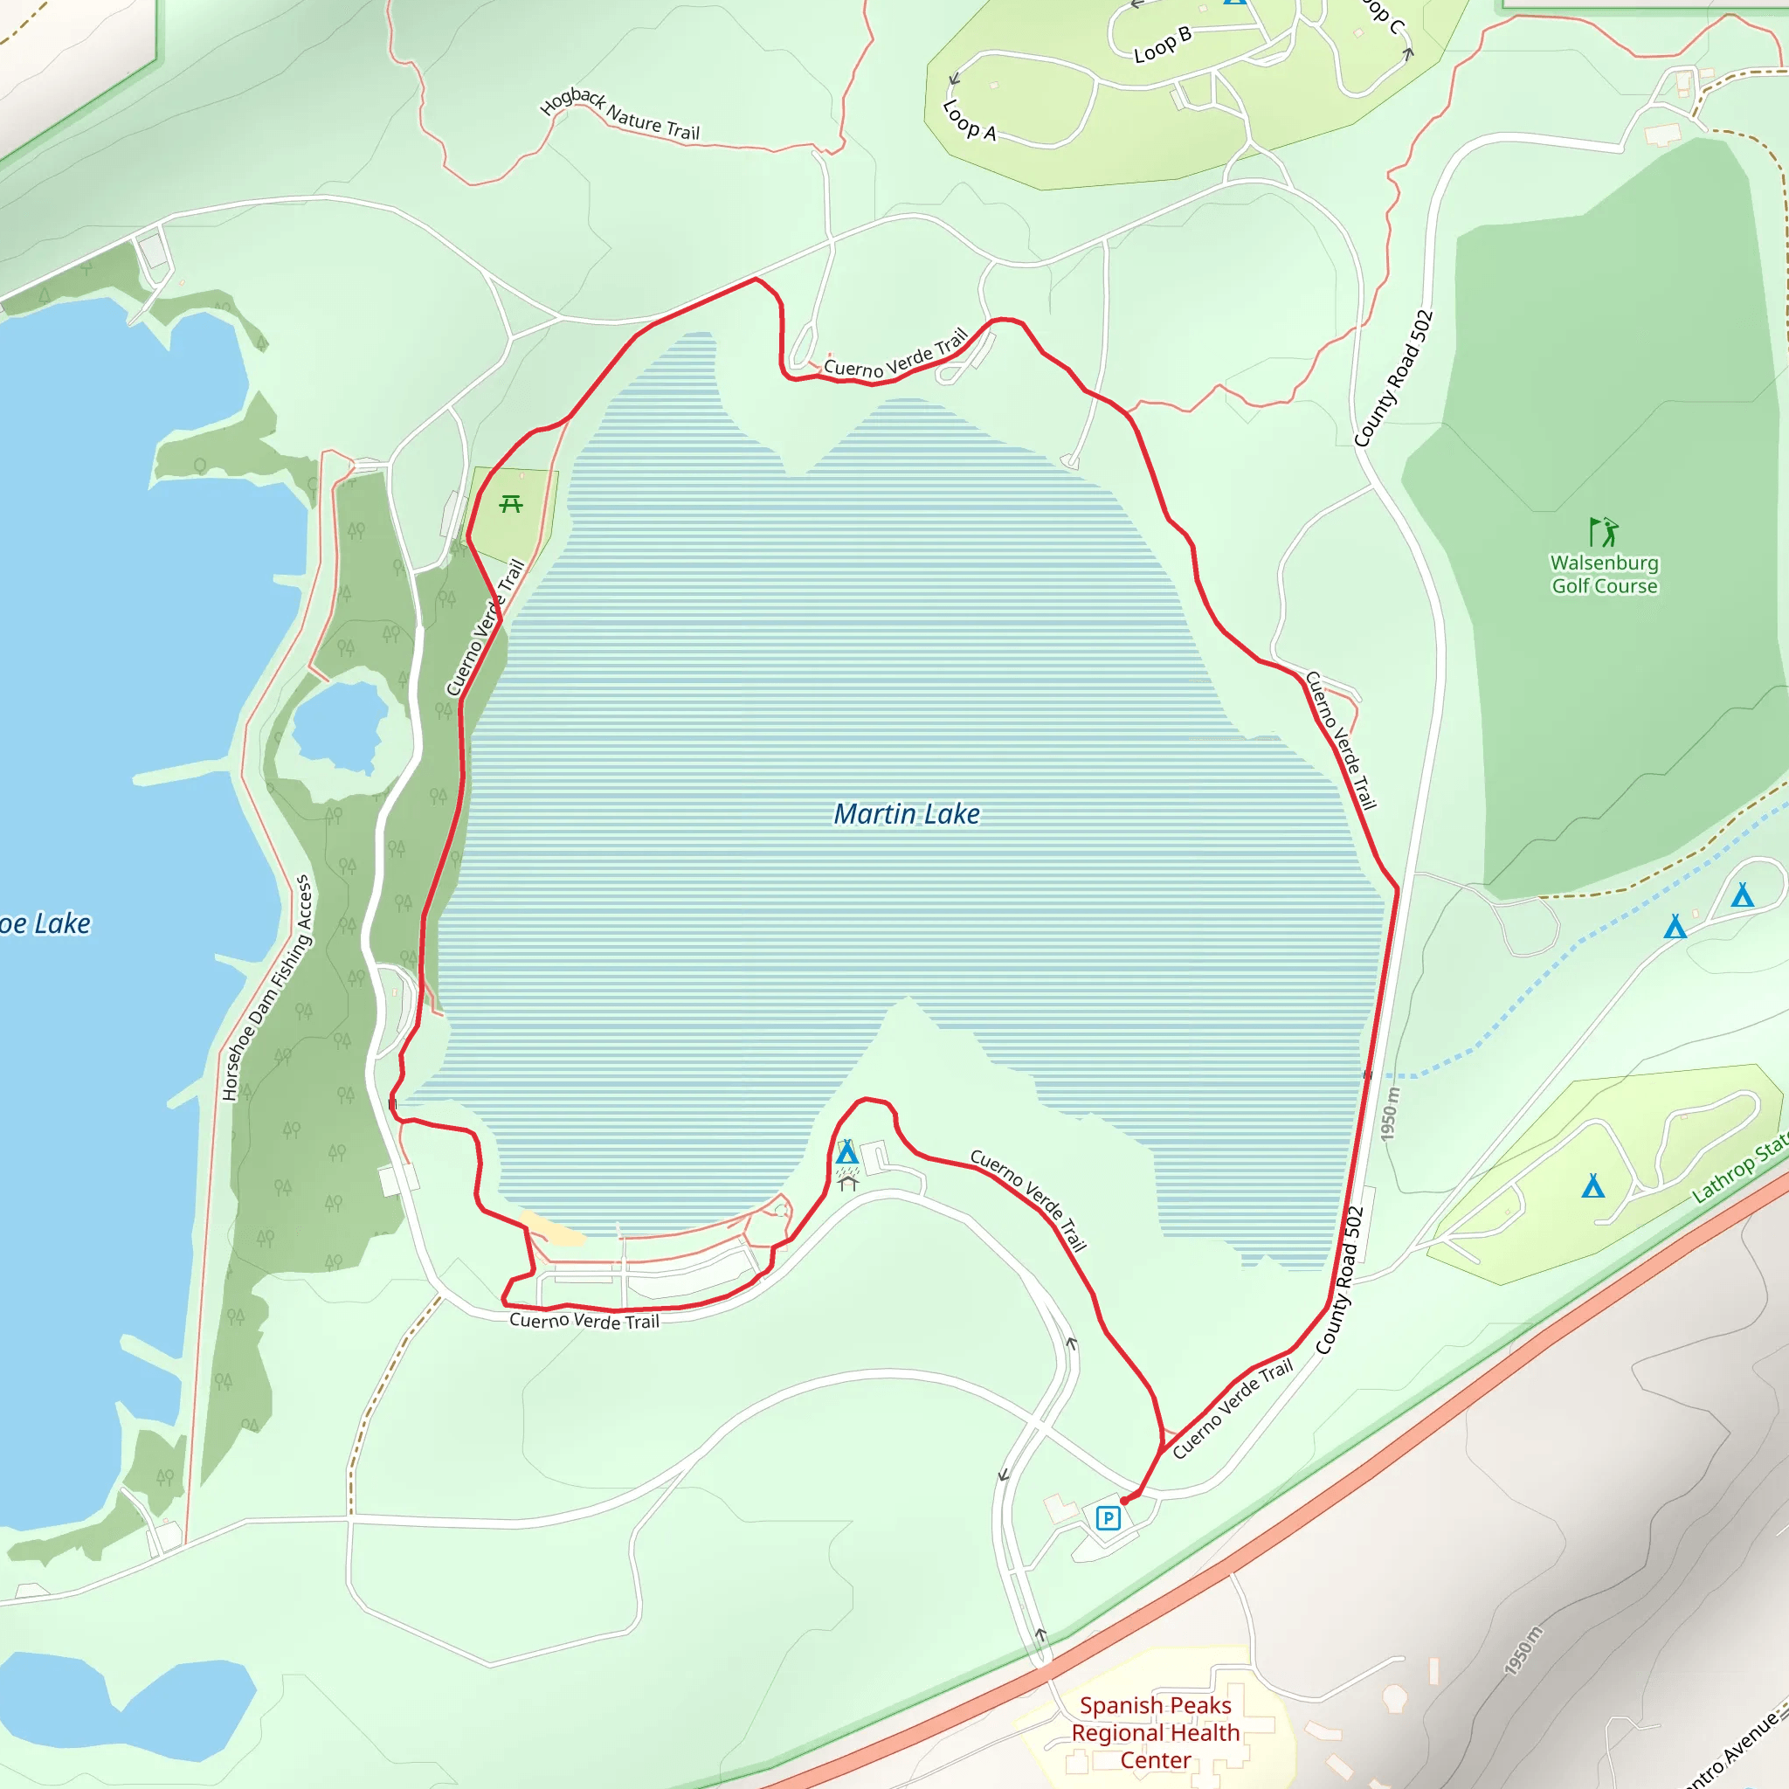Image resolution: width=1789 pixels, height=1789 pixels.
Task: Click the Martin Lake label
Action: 907,814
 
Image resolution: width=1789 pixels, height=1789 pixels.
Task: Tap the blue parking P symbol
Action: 1108,1517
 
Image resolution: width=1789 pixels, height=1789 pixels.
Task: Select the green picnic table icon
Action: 511,504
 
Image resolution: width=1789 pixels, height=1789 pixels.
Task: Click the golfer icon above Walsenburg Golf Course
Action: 1603,533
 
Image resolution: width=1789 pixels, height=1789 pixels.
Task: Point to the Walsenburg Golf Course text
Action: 1604,574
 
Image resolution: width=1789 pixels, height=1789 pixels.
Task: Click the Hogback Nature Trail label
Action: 619,114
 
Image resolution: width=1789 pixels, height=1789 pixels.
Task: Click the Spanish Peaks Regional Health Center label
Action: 1155,1731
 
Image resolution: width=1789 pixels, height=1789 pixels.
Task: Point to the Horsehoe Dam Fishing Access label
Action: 266,988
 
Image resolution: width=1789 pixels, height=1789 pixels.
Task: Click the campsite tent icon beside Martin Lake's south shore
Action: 846,1153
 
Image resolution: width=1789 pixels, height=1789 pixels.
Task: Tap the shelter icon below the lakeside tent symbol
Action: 847,1183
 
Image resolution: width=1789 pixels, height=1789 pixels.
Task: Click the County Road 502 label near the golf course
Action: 1392,379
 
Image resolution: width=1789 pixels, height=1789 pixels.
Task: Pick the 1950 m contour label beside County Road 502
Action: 1389,1115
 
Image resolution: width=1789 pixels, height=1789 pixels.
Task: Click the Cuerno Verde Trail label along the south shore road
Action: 584,1321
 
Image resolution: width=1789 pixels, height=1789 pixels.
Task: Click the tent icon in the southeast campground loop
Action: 1592,1186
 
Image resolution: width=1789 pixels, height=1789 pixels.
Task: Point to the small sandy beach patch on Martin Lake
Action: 552,1227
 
